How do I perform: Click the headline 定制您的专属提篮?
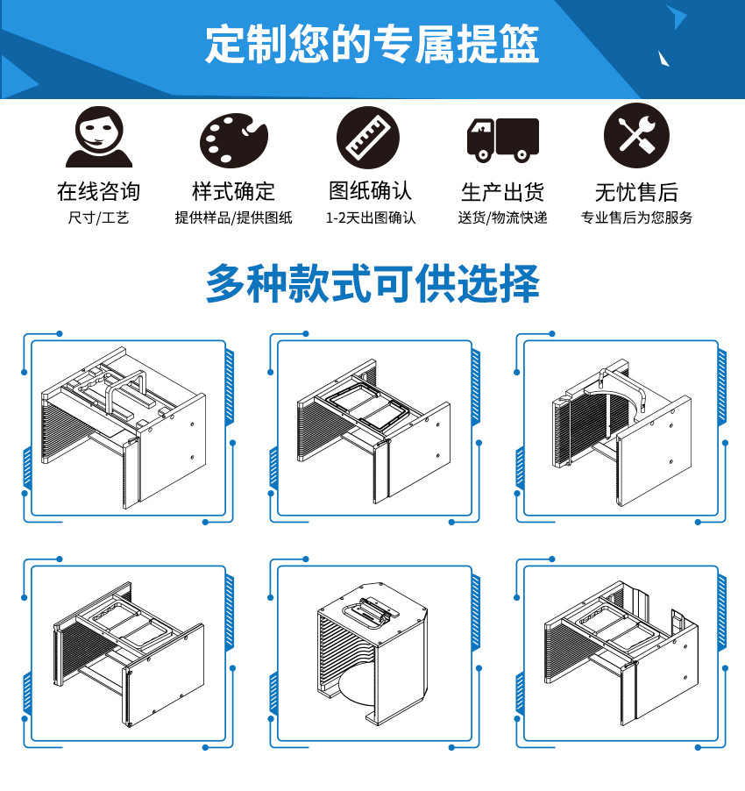(x=372, y=44)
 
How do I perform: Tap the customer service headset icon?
(x=98, y=137)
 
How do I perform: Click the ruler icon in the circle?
(x=368, y=138)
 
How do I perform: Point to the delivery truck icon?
(x=501, y=139)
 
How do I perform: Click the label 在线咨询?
(x=98, y=191)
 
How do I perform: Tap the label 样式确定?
(x=233, y=191)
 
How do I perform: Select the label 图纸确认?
(x=370, y=191)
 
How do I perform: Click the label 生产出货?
(x=502, y=191)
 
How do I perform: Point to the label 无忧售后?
(x=636, y=191)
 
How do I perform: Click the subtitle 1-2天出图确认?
(x=371, y=217)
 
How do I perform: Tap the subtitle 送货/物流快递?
(x=502, y=217)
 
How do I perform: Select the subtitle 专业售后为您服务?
(x=636, y=217)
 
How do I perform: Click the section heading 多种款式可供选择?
(x=372, y=283)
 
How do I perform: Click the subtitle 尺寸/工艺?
(x=98, y=217)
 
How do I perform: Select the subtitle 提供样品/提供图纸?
(x=233, y=217)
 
